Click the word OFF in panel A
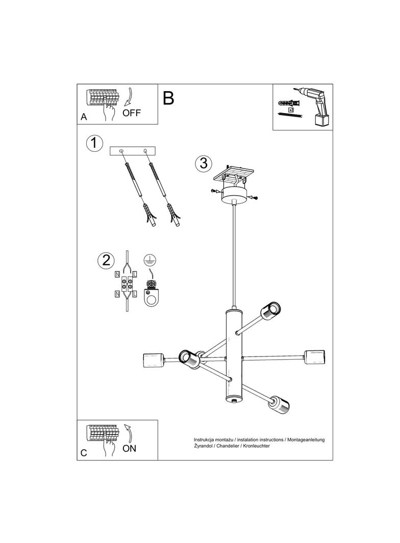click(132, 113)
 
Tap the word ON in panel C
click(129, 448)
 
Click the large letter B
click(168, 98)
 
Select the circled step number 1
click(94, 143)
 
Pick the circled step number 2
click(106, 260)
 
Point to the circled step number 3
click(204, 163)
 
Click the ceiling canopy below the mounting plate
click(235, 195)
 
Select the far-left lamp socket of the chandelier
click(153, 361)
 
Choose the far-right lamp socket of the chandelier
click(315, 358)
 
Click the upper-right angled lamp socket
click(270, 311)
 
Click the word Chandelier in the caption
click(227, 446)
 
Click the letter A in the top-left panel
click(84, 117)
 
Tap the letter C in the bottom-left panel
click(84, 453)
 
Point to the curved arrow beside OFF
click(128, 96)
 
